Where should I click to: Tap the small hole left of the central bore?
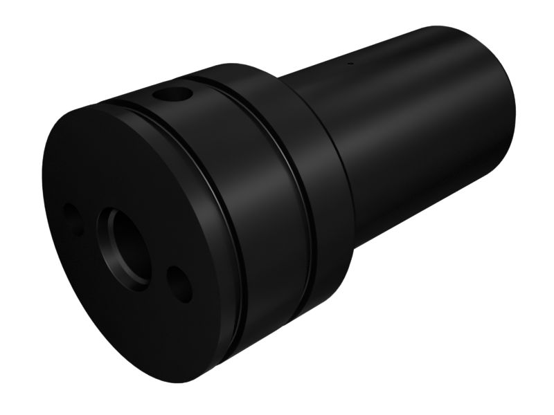pos(71,216)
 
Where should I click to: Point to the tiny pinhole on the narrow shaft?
pos(350,65)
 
